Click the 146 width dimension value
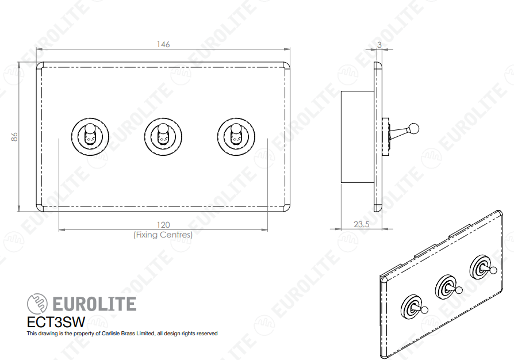pos(163,44)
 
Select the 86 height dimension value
pos(14,137)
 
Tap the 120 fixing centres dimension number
pos(163,225)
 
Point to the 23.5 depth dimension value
pos(362,224)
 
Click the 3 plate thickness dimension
pos(379,45)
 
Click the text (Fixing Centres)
pos(163,235)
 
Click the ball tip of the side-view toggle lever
pos(415,128)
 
